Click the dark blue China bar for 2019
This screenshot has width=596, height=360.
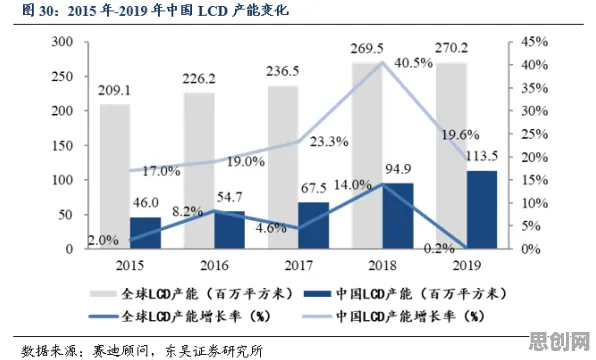coord(482,210)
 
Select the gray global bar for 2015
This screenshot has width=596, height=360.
coord(115,176)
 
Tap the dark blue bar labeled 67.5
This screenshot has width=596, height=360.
coord(314,225)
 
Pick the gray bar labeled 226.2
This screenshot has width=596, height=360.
coord(199,171)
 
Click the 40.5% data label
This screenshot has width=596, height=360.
coord(414,63)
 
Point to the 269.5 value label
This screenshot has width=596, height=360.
coord(367,49)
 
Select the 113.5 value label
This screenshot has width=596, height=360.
coord(481,156)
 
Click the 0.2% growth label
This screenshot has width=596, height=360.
coord(439,249)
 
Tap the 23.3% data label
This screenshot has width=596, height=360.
coord(329,141)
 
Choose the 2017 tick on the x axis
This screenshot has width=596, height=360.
coord(299,265)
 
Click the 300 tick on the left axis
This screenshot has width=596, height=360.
coord(62,41)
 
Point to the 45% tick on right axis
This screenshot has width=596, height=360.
coord(534,42)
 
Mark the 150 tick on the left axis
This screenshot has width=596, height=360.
coord(62,145)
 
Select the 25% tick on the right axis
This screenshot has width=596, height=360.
coord(534,134)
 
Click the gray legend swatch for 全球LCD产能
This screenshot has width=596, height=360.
coord(103,294)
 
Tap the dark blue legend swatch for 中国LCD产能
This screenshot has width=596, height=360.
coord(317,294)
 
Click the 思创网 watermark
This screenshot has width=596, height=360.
coord(560,341)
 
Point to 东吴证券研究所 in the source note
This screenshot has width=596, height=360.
coord(214,350)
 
